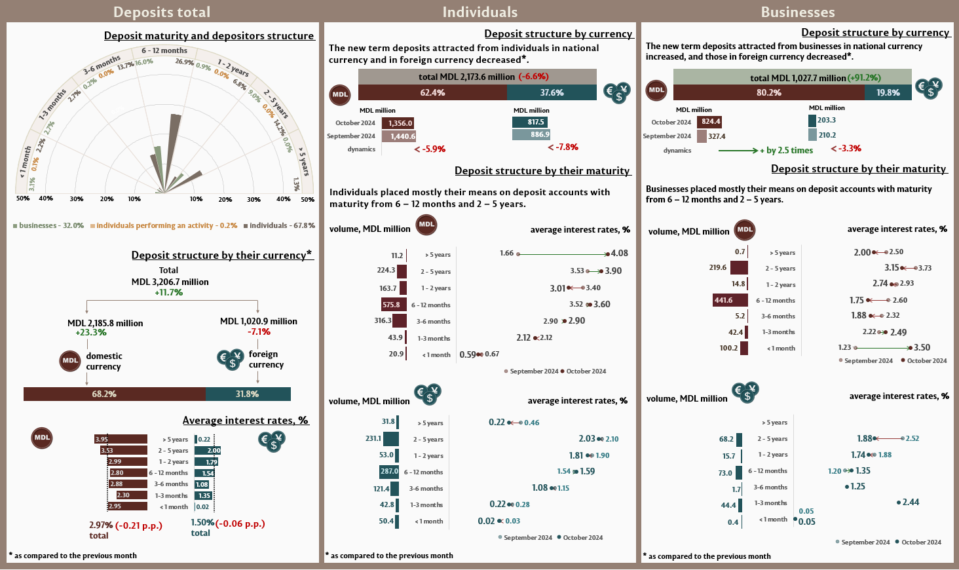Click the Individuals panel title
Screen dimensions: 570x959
pyautogui.click(x=479, y=12)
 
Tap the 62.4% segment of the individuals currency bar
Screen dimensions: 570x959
pyautogui.click(x=432, y=92)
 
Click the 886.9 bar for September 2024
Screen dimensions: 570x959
pyautogui.click(x=531, y=134)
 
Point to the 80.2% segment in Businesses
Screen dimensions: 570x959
pyautogui.click(x=768, y=92)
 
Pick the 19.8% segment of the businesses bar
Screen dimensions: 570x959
pyautogui.click(x=888, y=92)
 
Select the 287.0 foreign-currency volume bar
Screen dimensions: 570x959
pyautogui.click(x=389, y=471)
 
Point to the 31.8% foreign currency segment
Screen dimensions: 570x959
pyautogui.click(x=248, y=394)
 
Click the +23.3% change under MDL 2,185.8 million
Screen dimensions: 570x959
pyautogui.click(x=91, y=332)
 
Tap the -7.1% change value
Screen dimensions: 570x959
pyautogui.click(x=259, y=332)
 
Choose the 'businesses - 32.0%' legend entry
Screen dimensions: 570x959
pyautogui.click(x=48, y=225)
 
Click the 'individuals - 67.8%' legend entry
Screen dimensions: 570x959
pyautogui.click(x=279, y=225)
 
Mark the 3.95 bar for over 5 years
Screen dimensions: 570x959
pyautogui.click(x=121, y=439)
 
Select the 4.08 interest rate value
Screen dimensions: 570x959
pyautogui.click(x=619, y=253)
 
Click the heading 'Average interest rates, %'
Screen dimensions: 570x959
pyautogui.click(x=246, y=420)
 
